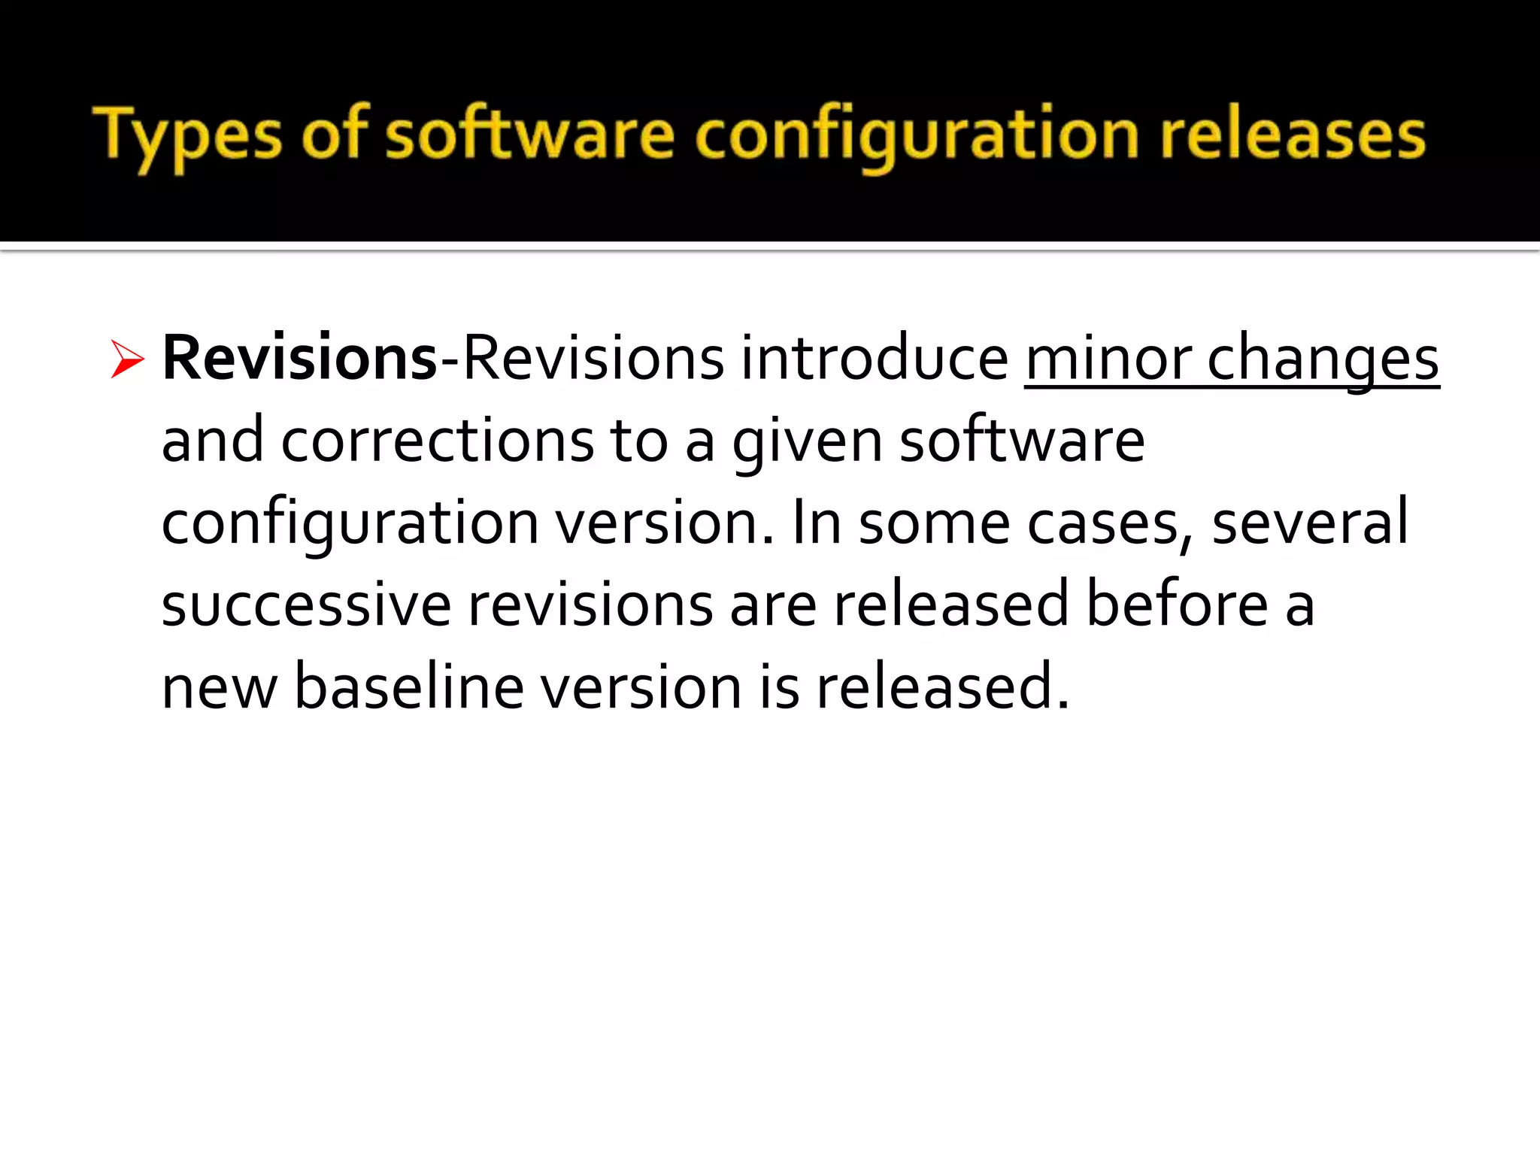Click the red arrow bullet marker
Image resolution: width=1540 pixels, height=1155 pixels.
coord(126,359)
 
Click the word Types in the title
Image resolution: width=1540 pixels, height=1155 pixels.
coord(187,136)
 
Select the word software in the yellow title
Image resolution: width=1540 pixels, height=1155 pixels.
coord(530,135)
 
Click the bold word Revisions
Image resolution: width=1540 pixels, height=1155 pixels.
coord(299,358)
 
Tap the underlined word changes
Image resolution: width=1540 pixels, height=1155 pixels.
coord(1323,359)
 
